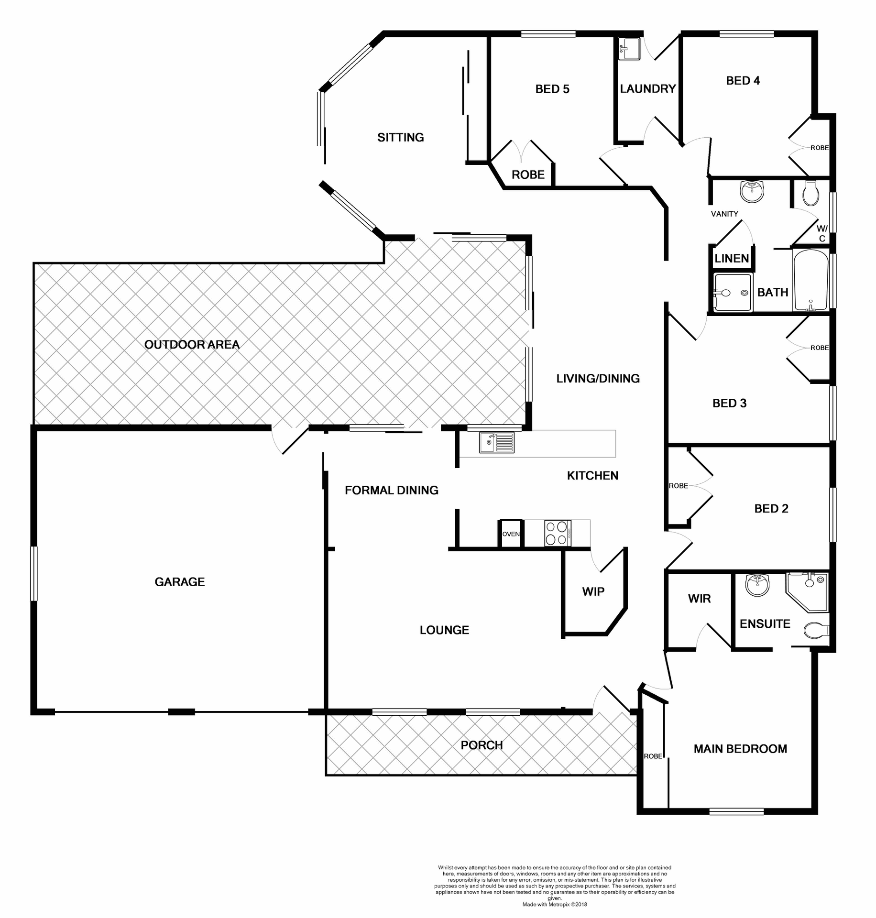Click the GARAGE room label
(179, 582)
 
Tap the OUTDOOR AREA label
(192, 345)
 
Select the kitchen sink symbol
(497, 442)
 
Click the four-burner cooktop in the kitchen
(558, 533)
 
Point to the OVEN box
(511, 534)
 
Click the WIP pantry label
(593, 592)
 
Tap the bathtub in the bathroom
(810, 281)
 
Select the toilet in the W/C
(811, 192)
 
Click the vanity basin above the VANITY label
(752, 191)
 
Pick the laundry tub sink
(629, 49)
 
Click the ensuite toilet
(815, 631)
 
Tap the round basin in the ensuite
(757, 585)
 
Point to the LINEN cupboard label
(732, 259)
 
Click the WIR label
(699, 599)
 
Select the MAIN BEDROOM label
(740, 749)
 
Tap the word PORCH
(482, 745)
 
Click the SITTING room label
(401, 138)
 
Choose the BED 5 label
(552, 89)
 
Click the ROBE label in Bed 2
(678, 486)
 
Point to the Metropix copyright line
(554, 905)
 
